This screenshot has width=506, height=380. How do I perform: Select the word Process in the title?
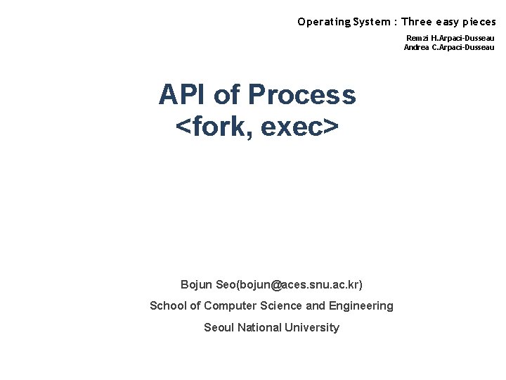coord(302,94)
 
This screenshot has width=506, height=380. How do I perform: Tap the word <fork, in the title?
coord(214,127)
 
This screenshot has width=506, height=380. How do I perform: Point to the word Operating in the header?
coord(323,22)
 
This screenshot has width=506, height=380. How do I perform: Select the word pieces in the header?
coord(478,22)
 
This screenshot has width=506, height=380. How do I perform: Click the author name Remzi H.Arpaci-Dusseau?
coord(450,38)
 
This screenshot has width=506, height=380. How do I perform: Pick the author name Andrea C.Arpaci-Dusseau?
coord(449,47)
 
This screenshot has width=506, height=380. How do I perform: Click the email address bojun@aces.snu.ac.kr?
coord(303,284)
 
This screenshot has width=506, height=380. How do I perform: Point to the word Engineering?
coord(361,305)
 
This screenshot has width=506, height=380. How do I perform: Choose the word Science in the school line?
coord(283,305)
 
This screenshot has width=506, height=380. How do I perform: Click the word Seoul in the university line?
coord(219,327)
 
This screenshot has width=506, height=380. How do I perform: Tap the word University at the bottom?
coord(313,327)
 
